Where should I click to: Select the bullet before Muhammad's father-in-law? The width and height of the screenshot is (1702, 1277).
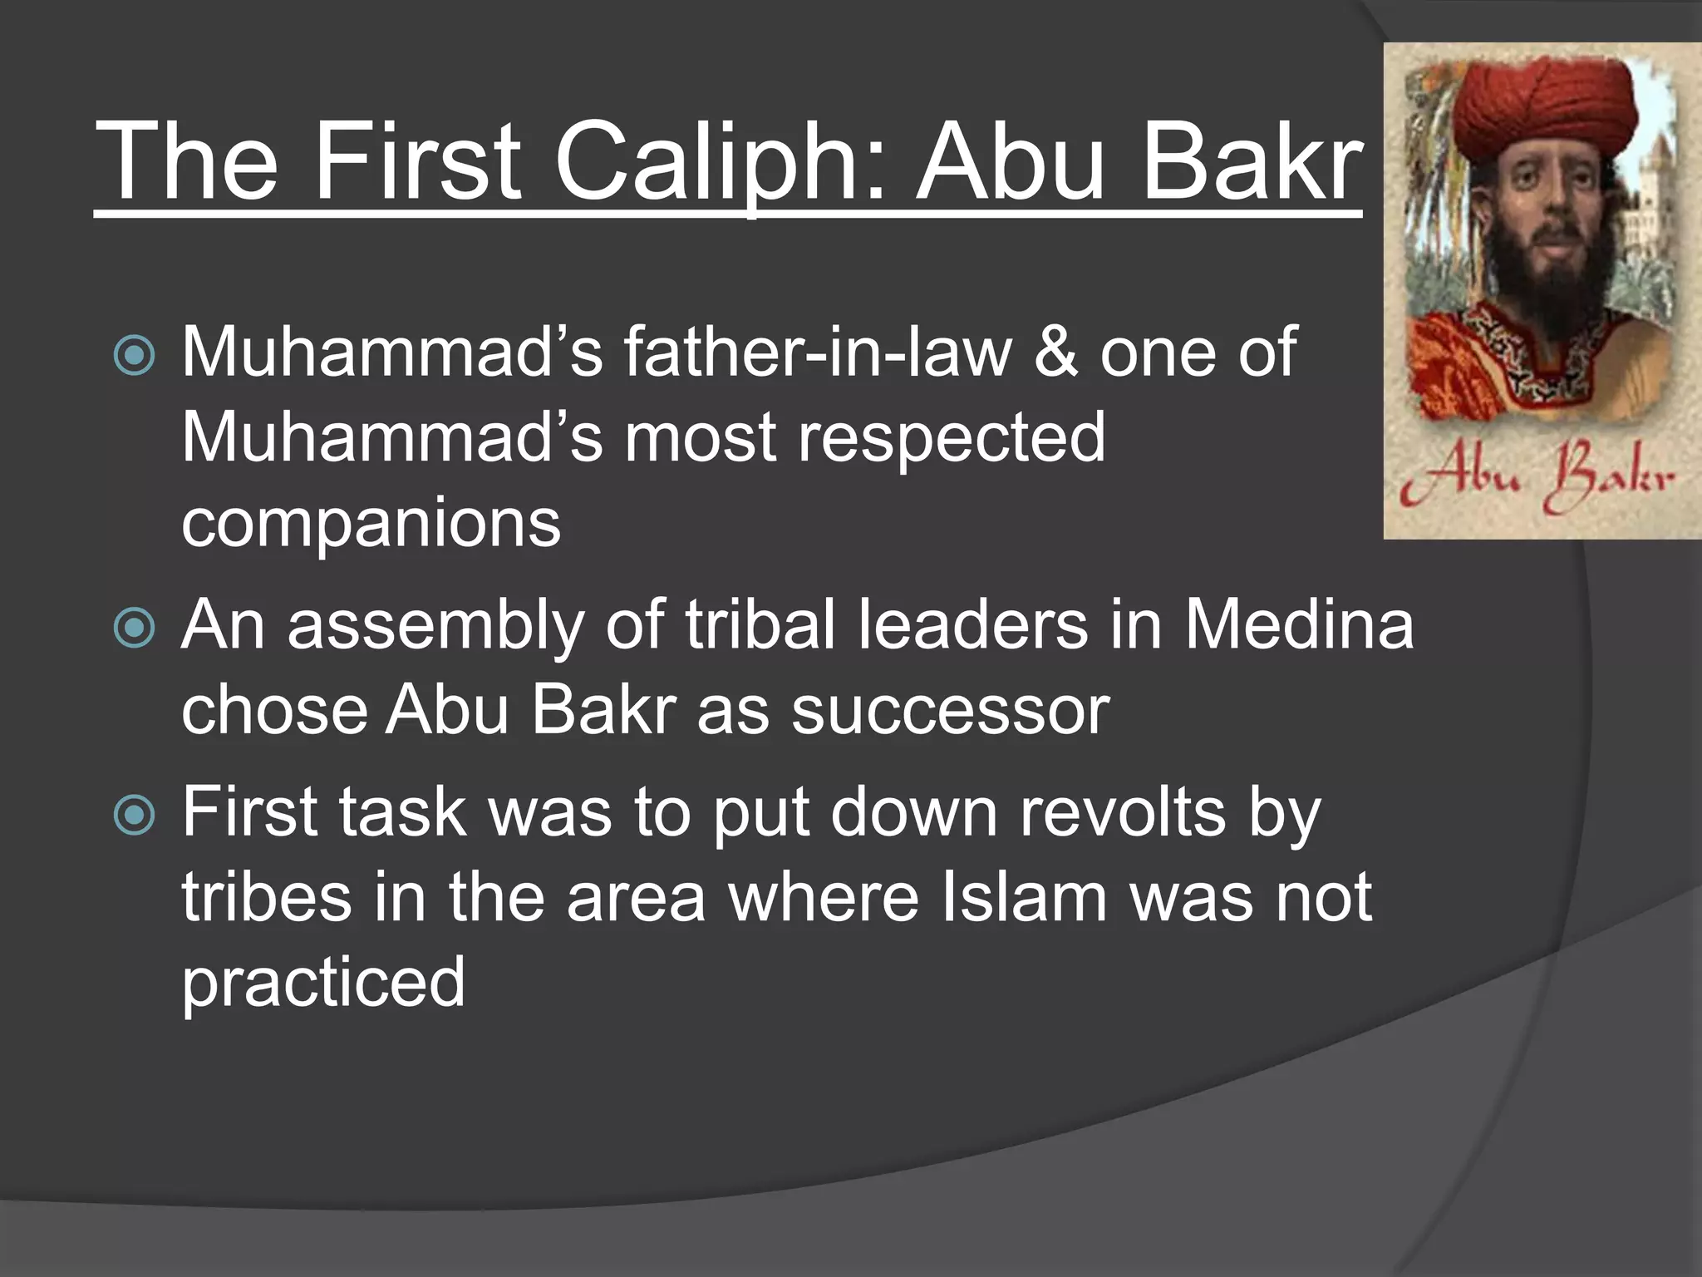[134, 357]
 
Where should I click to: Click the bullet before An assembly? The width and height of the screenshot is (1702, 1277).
[134, 628]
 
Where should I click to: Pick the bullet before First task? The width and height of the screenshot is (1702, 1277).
[134, 815]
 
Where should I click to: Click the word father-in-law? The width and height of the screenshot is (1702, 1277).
[818, 353]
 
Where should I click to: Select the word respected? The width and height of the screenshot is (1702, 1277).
[952, 439]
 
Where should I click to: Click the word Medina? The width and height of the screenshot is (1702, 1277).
[1299, 625]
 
